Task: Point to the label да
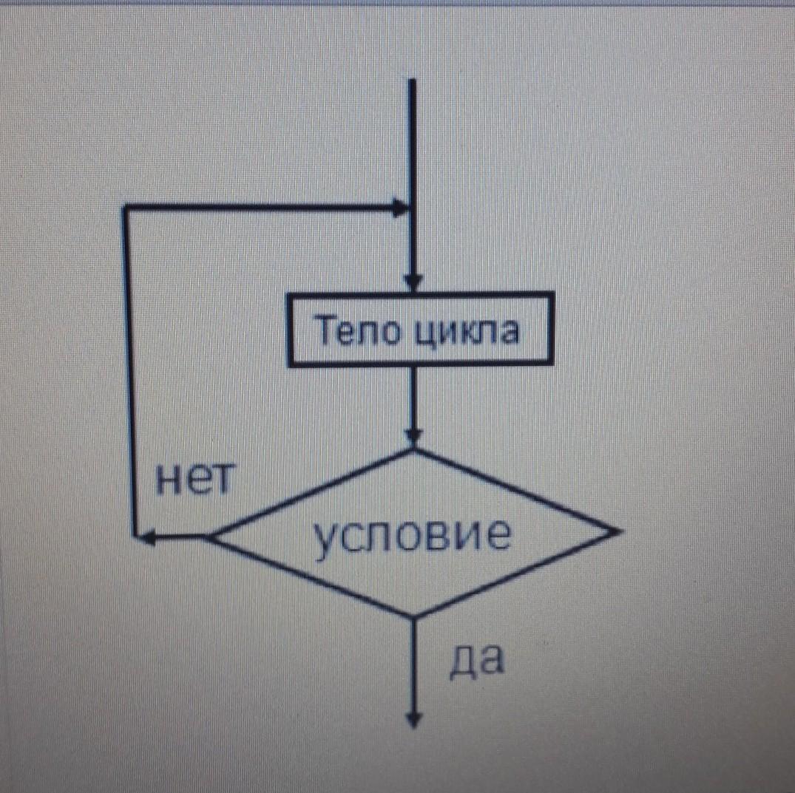[x=476, y=659]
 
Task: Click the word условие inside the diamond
[x=411, y=536]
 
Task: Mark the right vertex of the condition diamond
[x=613, y=531]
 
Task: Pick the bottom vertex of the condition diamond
[x=413, y=616]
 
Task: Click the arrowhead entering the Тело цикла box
[x=413, y=284]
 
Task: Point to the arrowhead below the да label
[x=413, y=721]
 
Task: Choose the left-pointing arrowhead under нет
[x=145, y=538]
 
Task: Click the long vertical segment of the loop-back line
[x=129, y=370]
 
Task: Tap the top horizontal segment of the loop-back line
[x=259, y=208]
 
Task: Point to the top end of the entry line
[x=412, y=80]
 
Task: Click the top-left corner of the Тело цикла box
[x=290, y=296]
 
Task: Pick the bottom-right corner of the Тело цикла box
[x=552, y=364]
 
